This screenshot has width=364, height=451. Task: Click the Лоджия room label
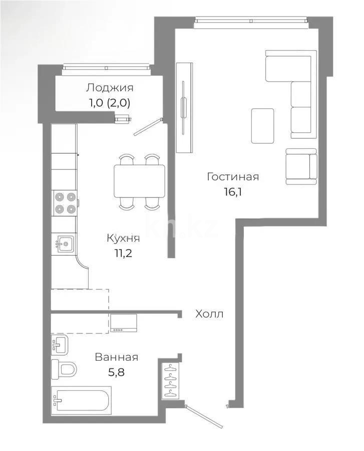click(110, 88)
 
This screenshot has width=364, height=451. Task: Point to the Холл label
click(209, 314)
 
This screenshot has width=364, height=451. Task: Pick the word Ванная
click(116, 357)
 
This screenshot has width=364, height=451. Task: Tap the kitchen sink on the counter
click(65, 245)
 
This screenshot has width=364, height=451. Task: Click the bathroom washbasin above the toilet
click(59, 344)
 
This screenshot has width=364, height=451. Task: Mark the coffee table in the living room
click(262, 126)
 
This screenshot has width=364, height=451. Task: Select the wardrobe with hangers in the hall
click(171, 381)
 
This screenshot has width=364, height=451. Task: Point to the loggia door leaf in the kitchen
click(148, 127)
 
